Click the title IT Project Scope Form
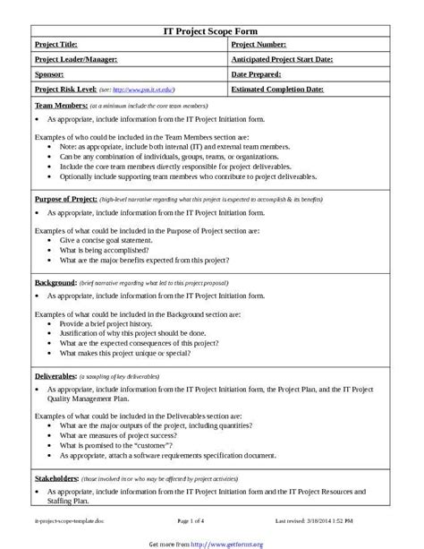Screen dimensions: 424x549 211,30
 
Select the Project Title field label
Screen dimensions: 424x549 56,44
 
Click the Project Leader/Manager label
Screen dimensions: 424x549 75,59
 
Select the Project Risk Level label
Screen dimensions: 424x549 66,90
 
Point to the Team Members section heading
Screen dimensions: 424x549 60,106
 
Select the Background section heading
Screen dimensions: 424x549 55,282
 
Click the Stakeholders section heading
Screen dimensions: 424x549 56,479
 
